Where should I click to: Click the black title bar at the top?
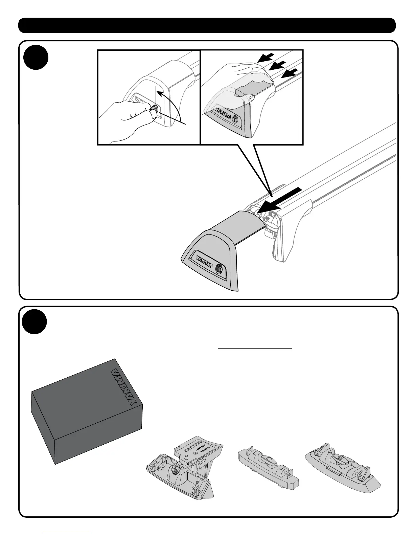[x=207, y=25]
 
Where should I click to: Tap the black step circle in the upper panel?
[x=36, y=57]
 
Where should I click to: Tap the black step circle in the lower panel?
[x=34, y=321]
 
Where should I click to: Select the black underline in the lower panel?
[x=255, y=348]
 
